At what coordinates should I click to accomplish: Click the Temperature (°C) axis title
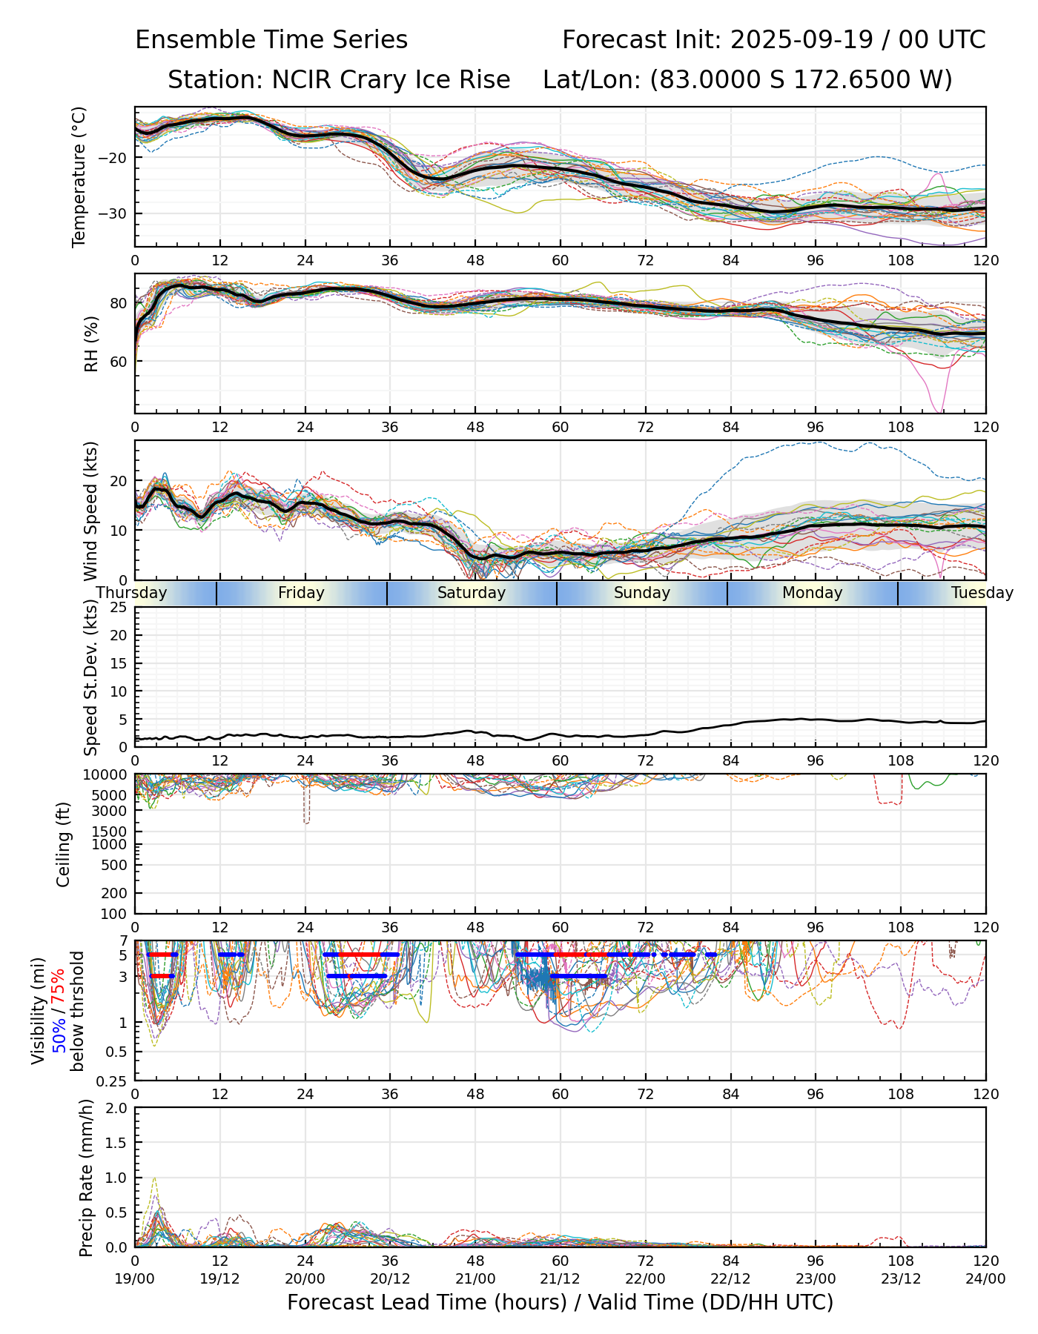point(79,176)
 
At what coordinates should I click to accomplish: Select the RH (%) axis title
point(91,343)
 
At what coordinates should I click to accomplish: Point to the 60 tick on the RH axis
point(121,362)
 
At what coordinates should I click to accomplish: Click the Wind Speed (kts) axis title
point(91,511)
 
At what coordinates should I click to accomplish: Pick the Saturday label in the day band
point(472,593)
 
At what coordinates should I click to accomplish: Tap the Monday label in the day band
point(813,593)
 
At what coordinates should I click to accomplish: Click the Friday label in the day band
point(301,593)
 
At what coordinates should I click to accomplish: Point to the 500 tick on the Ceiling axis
point(117,865)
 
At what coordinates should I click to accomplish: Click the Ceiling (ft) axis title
point(64,844)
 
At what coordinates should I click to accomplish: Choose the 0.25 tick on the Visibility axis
point(115,1081)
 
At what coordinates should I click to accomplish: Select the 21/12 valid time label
point(561,1278)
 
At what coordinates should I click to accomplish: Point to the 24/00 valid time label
point(985,1278)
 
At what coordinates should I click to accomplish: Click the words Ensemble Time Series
point(271,40)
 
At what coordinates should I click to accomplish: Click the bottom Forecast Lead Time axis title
point(561,1302)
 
